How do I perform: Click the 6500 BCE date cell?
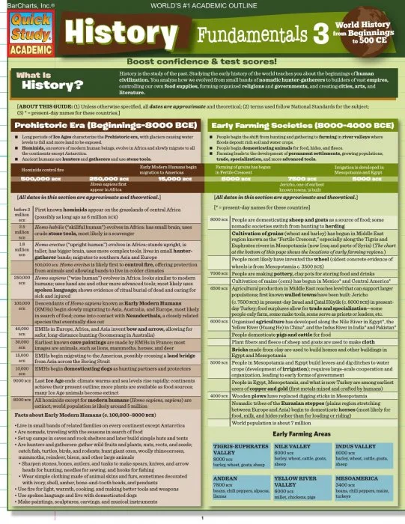tap(219, 287)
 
